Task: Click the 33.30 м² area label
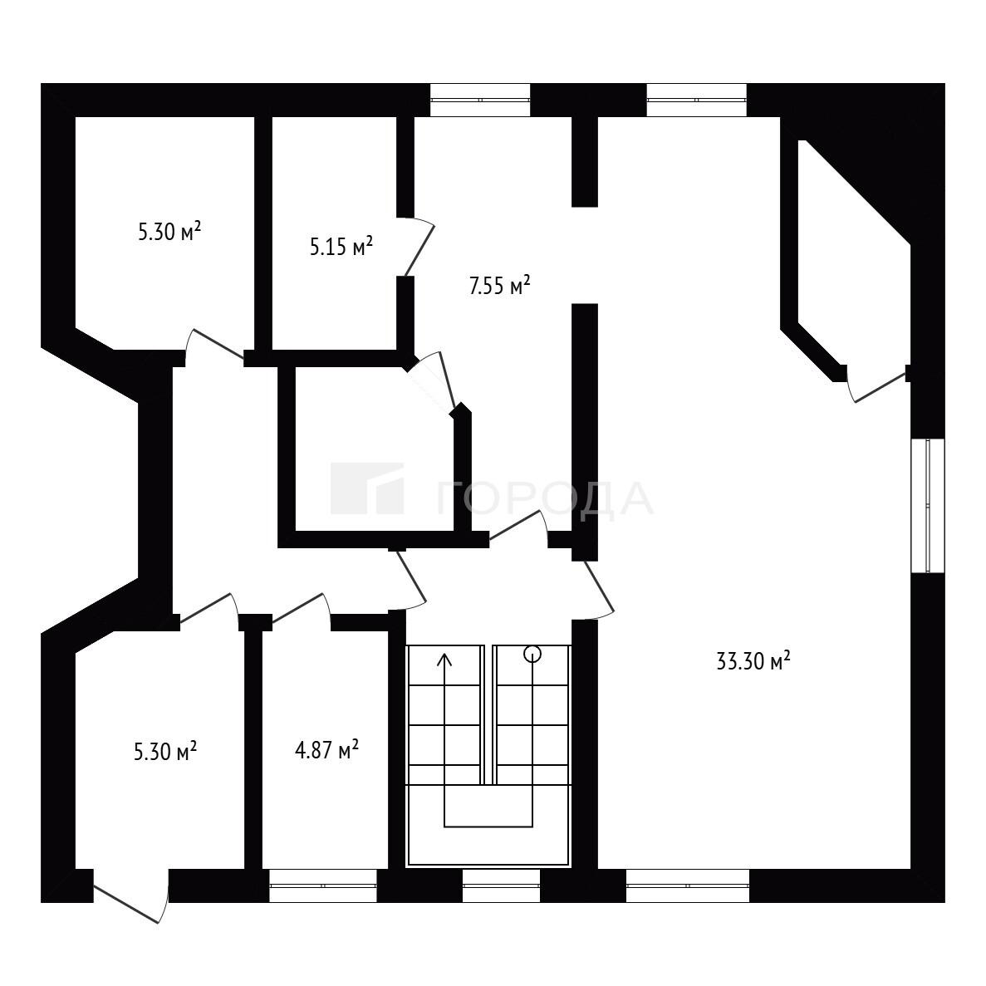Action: (x=753, y=661)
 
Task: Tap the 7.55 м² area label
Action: (x=500, y=286)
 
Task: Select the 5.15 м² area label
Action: (x=341, y=246)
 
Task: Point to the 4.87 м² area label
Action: (x=327, y=749)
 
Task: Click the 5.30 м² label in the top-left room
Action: (x=169, y=232)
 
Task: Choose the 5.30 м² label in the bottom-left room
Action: (x=166, y=751)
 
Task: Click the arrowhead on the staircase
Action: (x=445, y=660)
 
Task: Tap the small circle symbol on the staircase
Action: (x=532, y=654)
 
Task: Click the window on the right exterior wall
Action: (x=928, y=506)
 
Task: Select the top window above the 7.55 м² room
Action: (x=480, y=100)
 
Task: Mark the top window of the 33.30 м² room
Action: (x=697, y=100)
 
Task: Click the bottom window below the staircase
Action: (x=501, y=885)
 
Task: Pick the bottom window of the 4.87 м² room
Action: (x=323, y=885)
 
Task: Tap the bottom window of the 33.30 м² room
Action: (x=688, y=885)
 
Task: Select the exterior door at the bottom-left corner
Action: (x=131, y=896)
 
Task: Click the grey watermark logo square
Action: (x=367, y=488)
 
